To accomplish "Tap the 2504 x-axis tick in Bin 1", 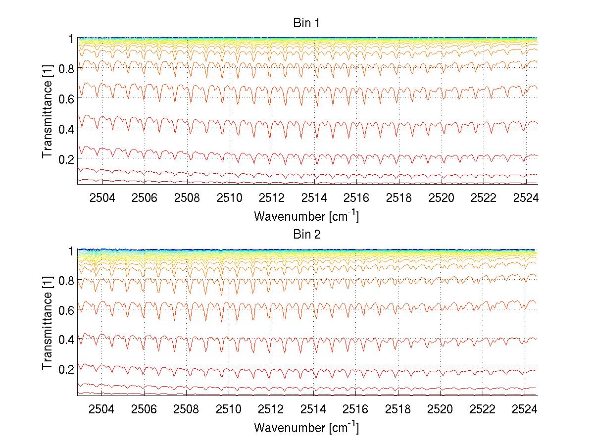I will (x=102, y=198).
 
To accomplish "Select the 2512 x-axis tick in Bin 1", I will (x=271, y=198).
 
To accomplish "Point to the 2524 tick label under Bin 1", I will (x=526, y=198).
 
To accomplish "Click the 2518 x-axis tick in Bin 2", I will (x=398, y=409).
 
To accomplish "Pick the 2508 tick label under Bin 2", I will (x=187, y=409).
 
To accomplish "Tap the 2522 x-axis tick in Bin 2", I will (x=483, y=409).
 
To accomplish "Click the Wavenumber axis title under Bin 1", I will (x=306, y=216).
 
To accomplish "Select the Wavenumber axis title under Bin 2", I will (x=306, y=427).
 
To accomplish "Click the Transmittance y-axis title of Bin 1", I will (x=48, y=111).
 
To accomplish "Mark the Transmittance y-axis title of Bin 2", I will (x=48, y=323).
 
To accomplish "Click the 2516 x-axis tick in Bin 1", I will (x=356, y=198).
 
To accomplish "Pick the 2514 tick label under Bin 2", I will (x=314, y=409).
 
